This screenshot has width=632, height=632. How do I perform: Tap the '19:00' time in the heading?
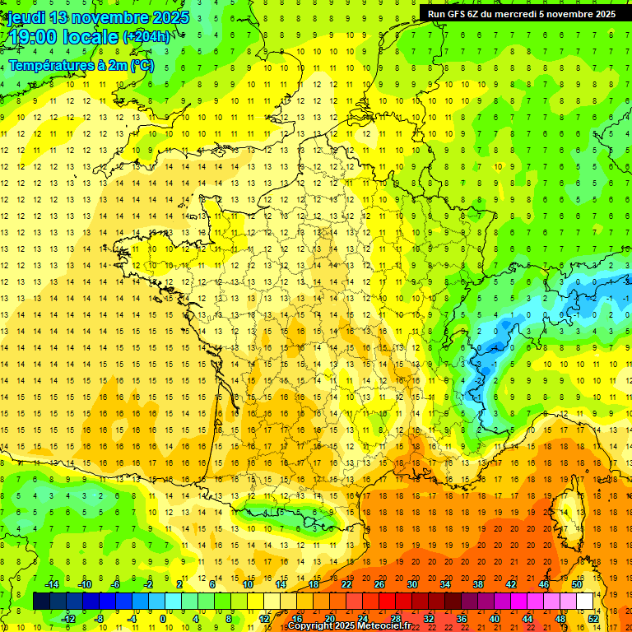coord(32,37)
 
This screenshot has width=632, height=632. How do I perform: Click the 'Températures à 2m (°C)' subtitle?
coord(81,65)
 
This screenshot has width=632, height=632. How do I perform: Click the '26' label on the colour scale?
coord(379,584)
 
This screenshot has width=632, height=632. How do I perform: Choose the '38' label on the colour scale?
coord(478,584)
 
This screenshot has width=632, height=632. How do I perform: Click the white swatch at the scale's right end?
coord(585,602)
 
